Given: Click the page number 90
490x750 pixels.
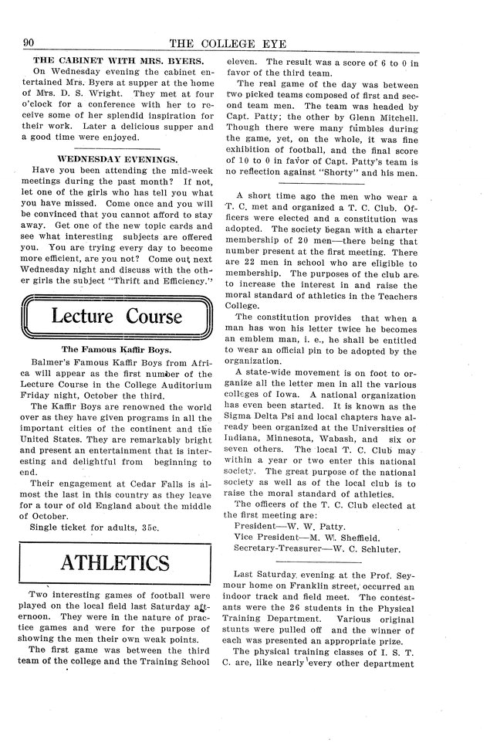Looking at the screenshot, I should coord(33,42).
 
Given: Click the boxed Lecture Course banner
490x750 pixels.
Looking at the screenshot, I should coord(117,317).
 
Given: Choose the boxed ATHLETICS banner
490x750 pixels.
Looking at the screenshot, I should coord(117,561).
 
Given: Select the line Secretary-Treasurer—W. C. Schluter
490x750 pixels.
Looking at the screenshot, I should coord(317,550).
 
